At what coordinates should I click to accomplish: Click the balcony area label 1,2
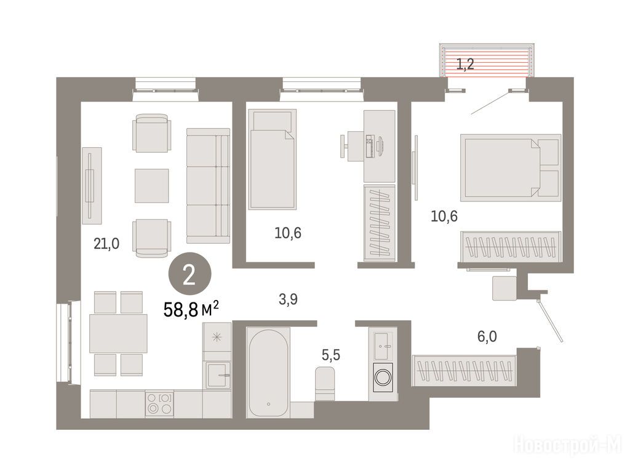[465, 64]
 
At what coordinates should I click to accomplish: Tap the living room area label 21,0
[106, 244]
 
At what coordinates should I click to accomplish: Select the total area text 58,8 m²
[191, 309]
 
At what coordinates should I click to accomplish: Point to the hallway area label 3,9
[288, 299]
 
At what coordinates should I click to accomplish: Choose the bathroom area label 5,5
[330, 355]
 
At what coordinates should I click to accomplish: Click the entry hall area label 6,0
[487, 336]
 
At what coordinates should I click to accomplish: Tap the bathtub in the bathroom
[268, 373]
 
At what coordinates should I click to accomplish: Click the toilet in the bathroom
[325, 383]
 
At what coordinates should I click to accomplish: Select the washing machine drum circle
[383, 378]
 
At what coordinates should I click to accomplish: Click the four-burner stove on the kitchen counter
[159, 404]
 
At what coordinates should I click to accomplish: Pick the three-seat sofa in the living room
[208, 186]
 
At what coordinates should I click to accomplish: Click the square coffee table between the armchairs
[151, 186]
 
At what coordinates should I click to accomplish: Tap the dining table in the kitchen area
[118, 333]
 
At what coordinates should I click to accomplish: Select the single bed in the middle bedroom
[273, 160]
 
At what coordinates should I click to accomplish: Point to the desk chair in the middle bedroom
[349, 145]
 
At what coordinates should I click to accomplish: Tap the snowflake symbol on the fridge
[217, 337]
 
